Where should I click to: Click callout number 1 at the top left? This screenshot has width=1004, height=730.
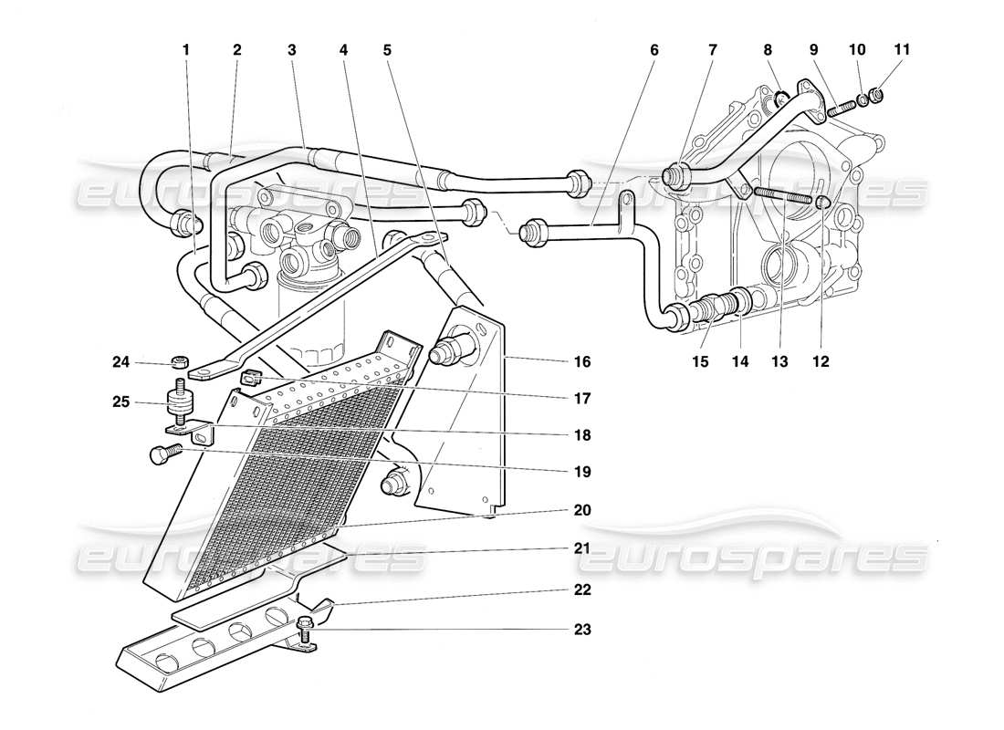[185, 51]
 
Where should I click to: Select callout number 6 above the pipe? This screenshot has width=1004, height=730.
[653, 51]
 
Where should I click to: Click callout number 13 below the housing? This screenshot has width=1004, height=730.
[779, 362]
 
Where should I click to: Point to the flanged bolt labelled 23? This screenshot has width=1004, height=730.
[304, 626]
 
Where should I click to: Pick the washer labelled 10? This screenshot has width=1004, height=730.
[861, 99]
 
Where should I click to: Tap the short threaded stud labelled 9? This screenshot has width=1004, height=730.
[840, 107]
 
